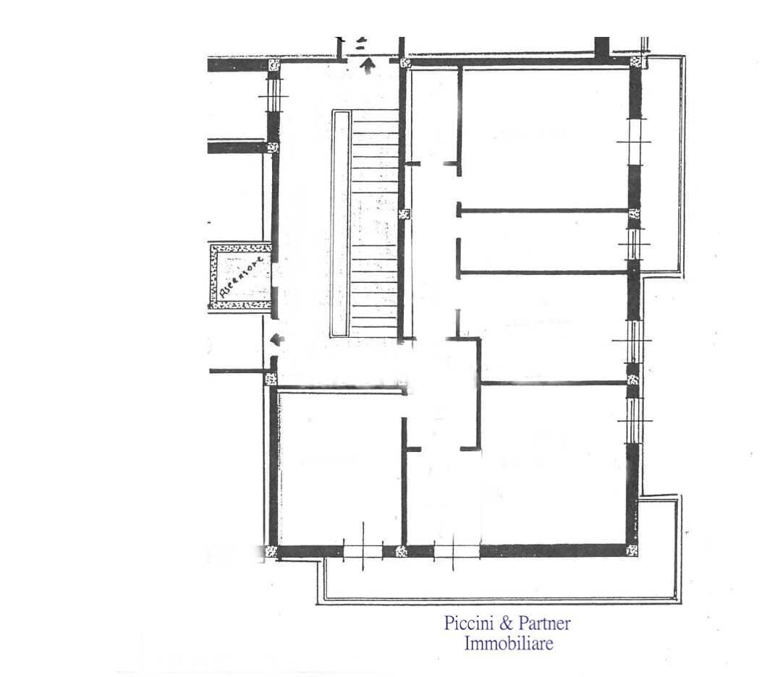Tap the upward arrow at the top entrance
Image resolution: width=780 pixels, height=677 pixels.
click(368, 65)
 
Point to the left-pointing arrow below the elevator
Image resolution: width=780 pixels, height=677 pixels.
click(277, 340)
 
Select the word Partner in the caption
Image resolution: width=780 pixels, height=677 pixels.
click(544, 623)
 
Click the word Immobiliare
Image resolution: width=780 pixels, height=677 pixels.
click(509, 643)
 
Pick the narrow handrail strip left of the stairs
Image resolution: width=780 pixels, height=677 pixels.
click(342, 223)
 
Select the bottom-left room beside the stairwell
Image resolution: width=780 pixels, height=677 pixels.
click(340, 467)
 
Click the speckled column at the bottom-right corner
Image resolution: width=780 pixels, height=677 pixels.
click(632, 550)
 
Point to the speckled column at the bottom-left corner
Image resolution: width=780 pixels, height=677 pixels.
click(271, 551)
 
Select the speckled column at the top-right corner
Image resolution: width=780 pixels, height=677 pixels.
click(636, 61)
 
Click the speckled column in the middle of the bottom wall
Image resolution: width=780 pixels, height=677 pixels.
click(402, 551)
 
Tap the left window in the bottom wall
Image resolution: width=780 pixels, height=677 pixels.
click(363, 551)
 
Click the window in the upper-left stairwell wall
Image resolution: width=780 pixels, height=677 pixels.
click(274, 95)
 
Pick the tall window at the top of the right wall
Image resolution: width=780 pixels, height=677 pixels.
click(635, 142)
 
